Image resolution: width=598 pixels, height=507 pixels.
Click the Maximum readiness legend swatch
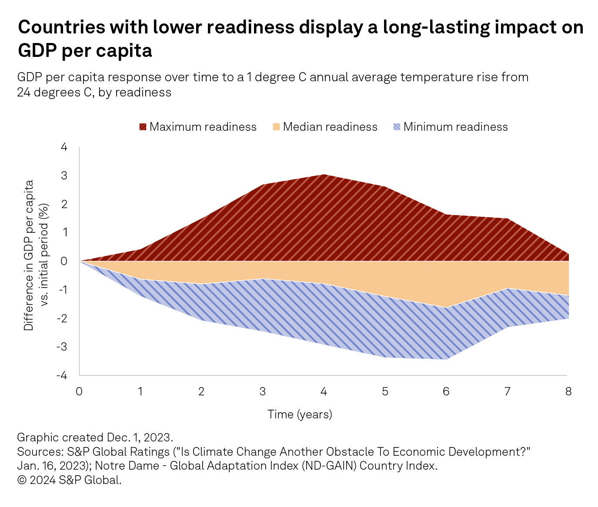(x=143, y=127)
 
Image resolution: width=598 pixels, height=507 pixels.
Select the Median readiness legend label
(x=330, y=127)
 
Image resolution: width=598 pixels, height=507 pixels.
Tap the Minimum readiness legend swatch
(x=397, y=127)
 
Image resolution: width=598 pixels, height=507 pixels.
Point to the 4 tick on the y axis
(x=64, y=147)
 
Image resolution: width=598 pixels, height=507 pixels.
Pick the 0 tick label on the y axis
(x=64, y=261)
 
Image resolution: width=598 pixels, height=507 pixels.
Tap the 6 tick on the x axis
(x=446, y=391)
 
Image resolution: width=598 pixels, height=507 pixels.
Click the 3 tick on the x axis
(x=262, y=391)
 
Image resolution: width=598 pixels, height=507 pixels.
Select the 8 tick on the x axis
(x=568, y=391)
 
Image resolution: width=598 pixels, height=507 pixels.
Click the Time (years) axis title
(x=300, y=414)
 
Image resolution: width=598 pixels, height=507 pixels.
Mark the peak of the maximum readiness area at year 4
(x=324, y=175)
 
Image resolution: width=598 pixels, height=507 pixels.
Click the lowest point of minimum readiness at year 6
(x=446, y=359)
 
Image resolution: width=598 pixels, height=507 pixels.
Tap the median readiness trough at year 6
(x=446, y=307)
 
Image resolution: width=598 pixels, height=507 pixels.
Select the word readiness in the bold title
(x=250, y=27)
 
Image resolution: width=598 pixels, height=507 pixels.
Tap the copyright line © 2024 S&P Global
(x=69, y=480)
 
